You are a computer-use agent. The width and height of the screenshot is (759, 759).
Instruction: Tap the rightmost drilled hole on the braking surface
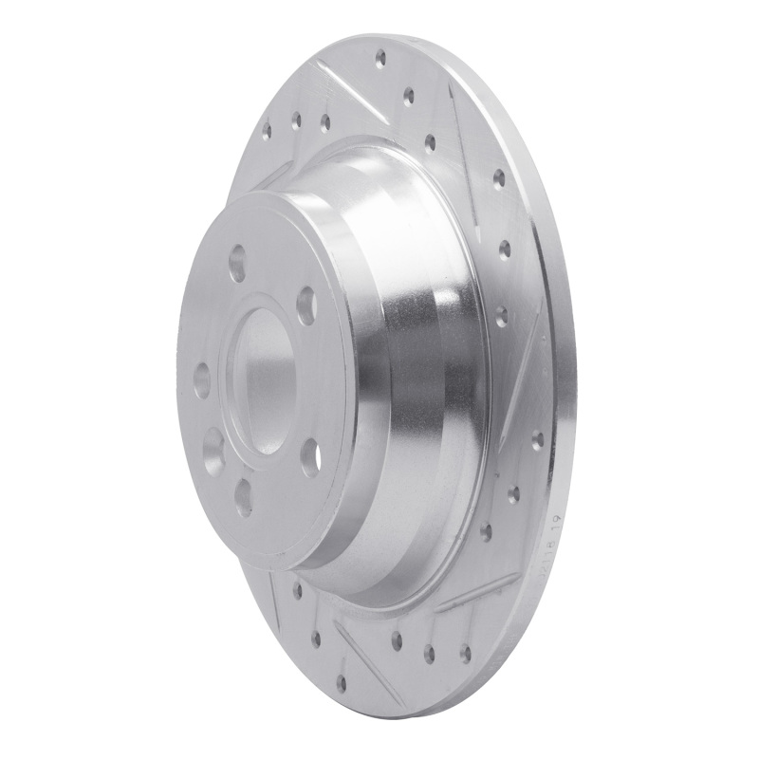tap(538, 438)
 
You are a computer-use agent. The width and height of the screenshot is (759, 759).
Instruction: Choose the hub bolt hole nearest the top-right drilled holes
tap(305, 305)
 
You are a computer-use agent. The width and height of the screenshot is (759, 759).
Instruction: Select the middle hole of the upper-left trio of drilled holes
tap(296, 119)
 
